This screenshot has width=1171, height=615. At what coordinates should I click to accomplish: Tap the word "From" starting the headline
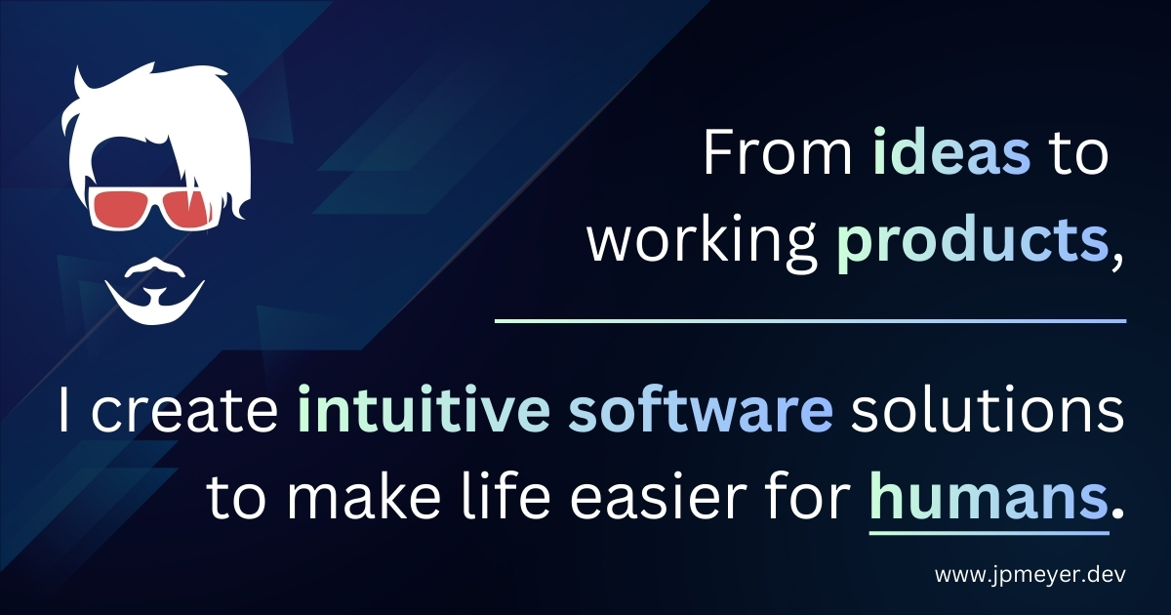click(779, 152)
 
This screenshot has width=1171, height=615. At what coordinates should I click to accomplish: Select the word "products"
click(970, 243)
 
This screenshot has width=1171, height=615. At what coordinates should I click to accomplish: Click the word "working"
click(702, 243)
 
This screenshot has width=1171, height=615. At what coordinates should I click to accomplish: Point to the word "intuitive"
click(424, 408)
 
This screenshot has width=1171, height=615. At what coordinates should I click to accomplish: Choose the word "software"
click(701, 408)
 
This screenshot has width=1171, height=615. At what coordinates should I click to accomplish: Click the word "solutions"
click(987, 408)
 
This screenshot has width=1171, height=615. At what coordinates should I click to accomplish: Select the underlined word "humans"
click(988, 493)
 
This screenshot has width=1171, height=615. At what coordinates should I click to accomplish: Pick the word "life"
click(505, 493)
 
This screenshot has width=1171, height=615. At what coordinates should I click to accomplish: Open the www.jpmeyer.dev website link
click(1030, 575)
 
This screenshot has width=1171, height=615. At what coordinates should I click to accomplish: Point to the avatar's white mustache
click(155, 266)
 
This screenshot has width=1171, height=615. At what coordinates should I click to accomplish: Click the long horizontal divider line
click(810, 320)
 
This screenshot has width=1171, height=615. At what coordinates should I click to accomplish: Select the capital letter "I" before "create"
click(63, 409)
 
